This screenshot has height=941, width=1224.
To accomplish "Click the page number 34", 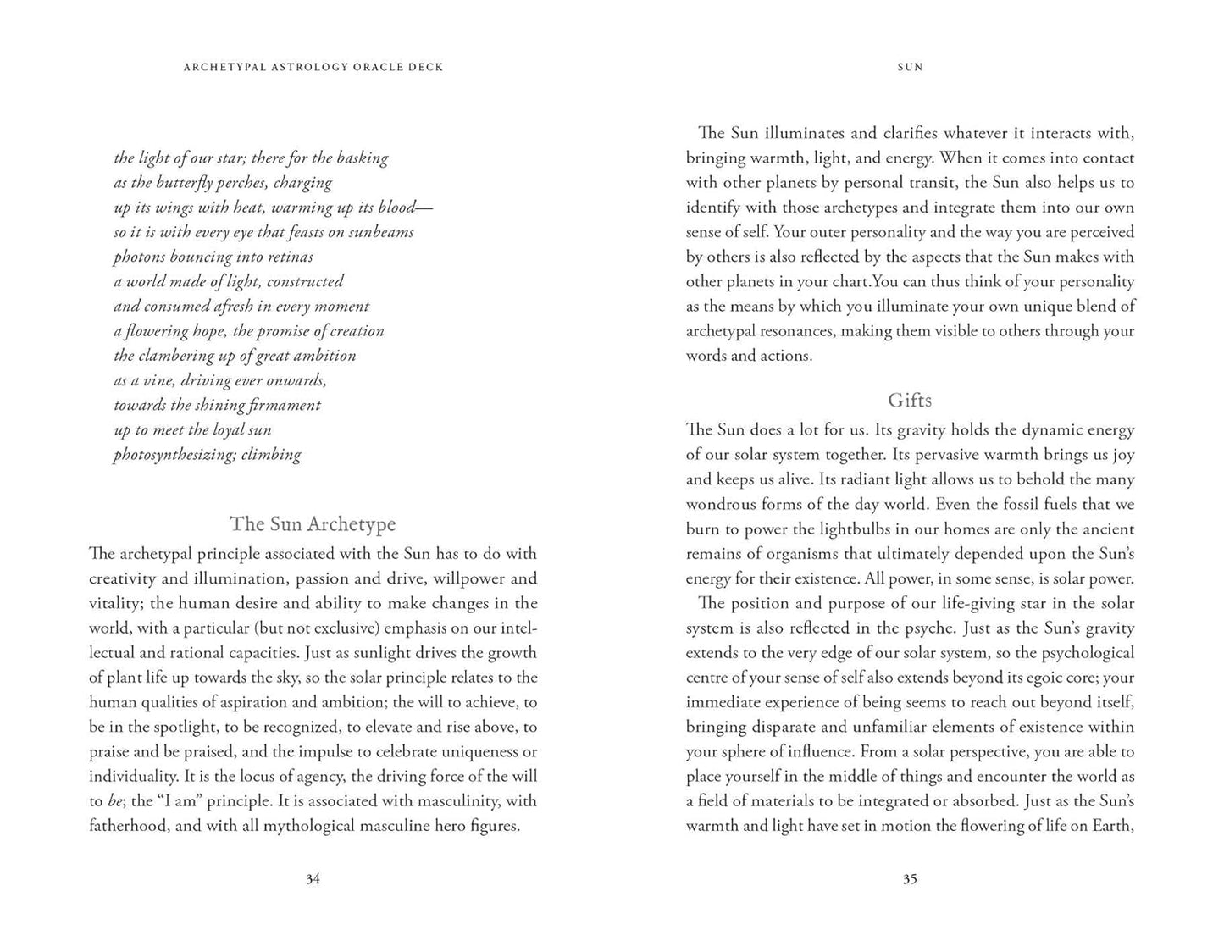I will click(x=313, y=879).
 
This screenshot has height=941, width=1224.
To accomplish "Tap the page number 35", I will click(x=909, y=879).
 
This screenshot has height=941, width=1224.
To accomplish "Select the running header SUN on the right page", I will click(x=910, y=67).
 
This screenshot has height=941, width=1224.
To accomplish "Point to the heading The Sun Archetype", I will click(x=313, y=524).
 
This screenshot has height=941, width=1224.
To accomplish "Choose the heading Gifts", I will click(x=910, y=401).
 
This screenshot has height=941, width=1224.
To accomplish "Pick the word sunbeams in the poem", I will click(x=381, y=233).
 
